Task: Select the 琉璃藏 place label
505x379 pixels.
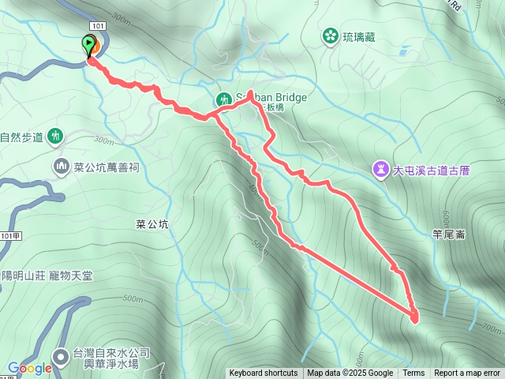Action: (x=359, y=36)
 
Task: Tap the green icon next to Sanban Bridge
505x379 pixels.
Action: (x=223, y=99)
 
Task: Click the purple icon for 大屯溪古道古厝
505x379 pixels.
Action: (x=381, y=168)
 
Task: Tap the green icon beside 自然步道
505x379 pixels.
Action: (x=54, y=136)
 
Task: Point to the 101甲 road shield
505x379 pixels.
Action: (x=9, y=235)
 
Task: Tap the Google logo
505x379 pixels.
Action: (x=30, y=368)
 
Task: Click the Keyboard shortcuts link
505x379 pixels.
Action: (x=264, y=373)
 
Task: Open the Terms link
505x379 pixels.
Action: (x=413, y=373)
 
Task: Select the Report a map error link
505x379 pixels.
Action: (x=467, y=373)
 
